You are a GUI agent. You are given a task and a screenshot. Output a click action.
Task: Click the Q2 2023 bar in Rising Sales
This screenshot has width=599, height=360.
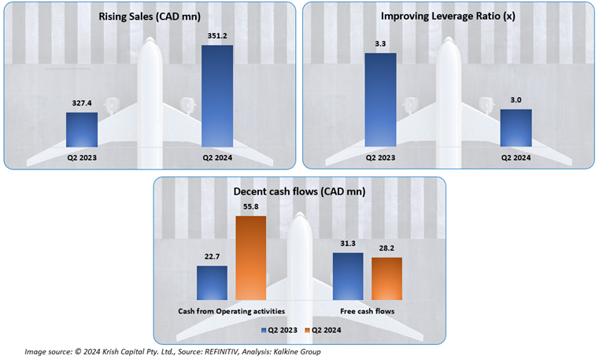coord(81,129)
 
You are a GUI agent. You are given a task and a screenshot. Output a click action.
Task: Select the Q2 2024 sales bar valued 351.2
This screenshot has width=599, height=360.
coord(217,96)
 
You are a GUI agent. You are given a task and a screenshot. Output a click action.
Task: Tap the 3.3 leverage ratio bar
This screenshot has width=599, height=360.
coord(380,100)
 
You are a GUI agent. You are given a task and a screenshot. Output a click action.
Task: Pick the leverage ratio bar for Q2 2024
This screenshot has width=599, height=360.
coord(516,128)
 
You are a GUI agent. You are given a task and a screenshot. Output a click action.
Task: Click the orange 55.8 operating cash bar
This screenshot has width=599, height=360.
coord(251,258)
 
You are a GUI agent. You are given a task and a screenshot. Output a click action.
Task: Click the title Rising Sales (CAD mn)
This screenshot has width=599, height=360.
coord(149,17)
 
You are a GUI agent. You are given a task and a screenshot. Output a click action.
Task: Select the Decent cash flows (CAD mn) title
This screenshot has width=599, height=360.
coord(299,191)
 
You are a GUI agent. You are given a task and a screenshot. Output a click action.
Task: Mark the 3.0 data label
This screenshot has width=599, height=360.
coord(516,100)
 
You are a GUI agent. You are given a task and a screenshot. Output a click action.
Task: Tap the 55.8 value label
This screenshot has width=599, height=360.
coord(251,207)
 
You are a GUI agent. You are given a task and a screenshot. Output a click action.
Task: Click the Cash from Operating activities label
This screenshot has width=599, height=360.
coord(231,311)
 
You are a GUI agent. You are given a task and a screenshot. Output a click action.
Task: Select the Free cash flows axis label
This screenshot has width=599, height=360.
coord(368,311)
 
